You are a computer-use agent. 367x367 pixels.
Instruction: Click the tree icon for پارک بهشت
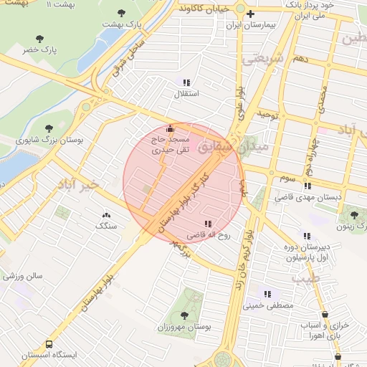point(120,13)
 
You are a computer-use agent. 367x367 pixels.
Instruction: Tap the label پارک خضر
point(39,49)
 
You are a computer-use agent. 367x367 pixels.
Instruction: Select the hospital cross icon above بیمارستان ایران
point(250,14)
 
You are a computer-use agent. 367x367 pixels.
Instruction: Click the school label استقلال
point(186,94)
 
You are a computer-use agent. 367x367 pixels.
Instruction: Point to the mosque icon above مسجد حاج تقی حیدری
point(169,129)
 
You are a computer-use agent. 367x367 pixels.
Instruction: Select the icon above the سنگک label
point(108,214)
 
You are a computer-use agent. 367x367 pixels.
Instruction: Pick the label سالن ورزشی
point(23,275)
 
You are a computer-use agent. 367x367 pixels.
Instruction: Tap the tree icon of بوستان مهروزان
point(185,315)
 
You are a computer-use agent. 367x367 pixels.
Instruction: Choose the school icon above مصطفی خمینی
point(267,293)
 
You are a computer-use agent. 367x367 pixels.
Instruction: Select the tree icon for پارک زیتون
point(353,214)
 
